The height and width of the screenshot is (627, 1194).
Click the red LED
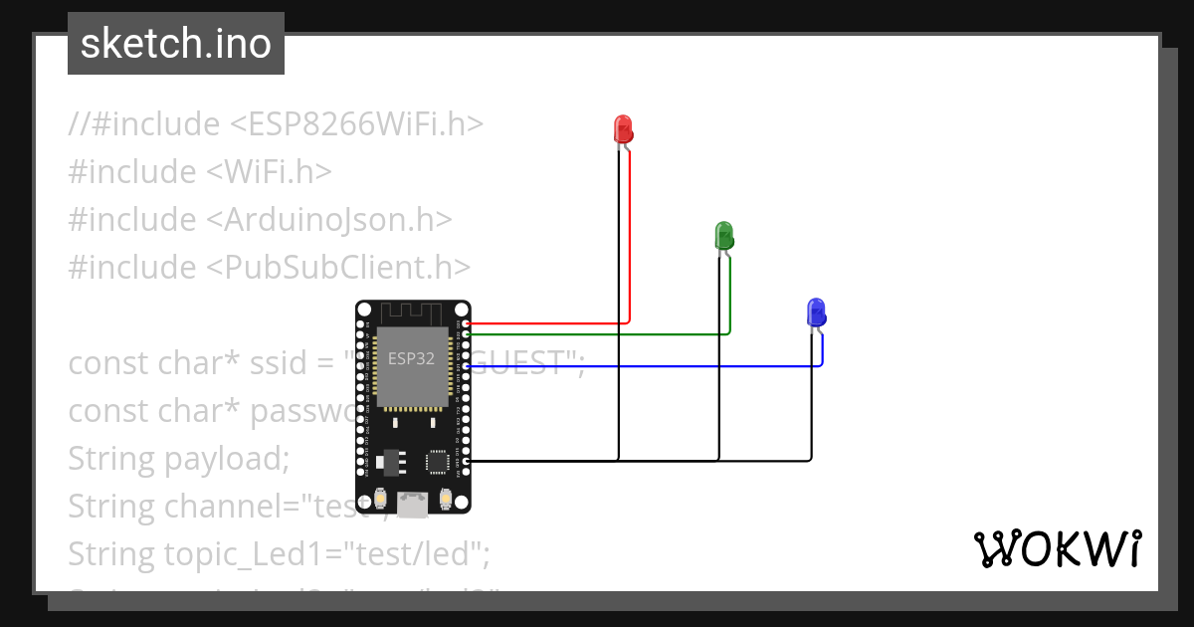click(623, 128)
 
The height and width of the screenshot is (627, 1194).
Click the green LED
click(724, 236)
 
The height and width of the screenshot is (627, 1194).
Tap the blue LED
click(816, 313)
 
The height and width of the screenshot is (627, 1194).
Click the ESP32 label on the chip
click(411, 359)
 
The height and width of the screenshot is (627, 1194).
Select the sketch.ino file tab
click(176, 44)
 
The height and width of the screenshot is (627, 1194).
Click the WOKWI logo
click(1057, 548)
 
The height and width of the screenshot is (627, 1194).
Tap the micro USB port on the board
click(412, 506)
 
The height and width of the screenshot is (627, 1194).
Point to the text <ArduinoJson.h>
click(329, 219)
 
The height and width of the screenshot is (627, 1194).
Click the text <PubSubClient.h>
click(338, 267)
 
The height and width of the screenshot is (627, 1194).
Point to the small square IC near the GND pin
click(438, 462)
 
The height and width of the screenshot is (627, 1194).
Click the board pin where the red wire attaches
click(467, 324)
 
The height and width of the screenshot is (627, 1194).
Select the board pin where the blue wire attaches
click(467, 367)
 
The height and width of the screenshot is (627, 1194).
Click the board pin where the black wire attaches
click(467, 461)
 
